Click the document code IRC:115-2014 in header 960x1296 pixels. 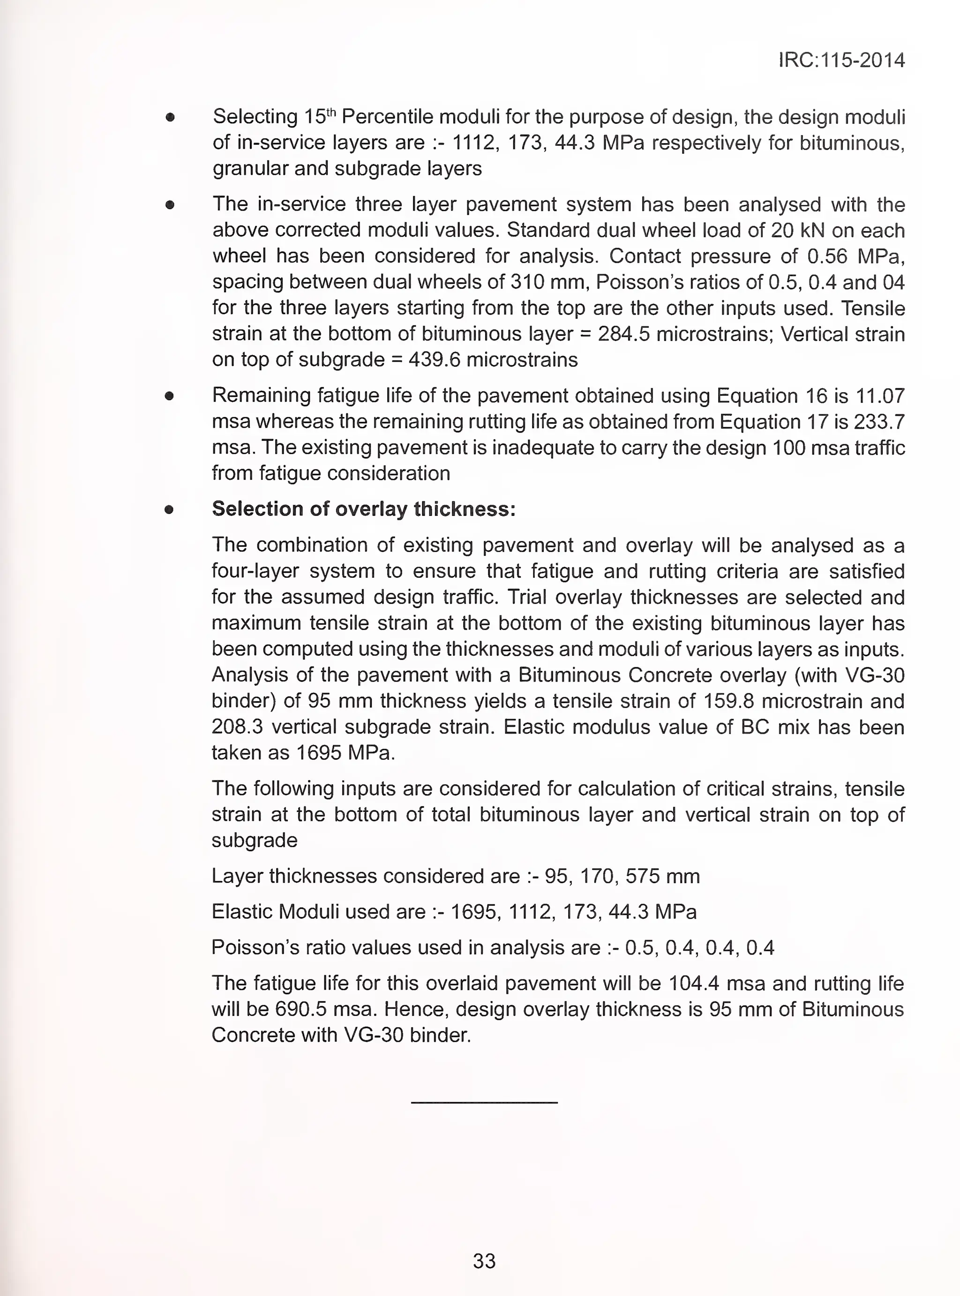click(841, 61)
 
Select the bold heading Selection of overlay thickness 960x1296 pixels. click(364, 509)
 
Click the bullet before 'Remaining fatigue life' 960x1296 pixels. click(169, 396)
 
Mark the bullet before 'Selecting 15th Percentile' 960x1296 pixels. click(169, 117)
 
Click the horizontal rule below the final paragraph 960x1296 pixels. click(484, 1102)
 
